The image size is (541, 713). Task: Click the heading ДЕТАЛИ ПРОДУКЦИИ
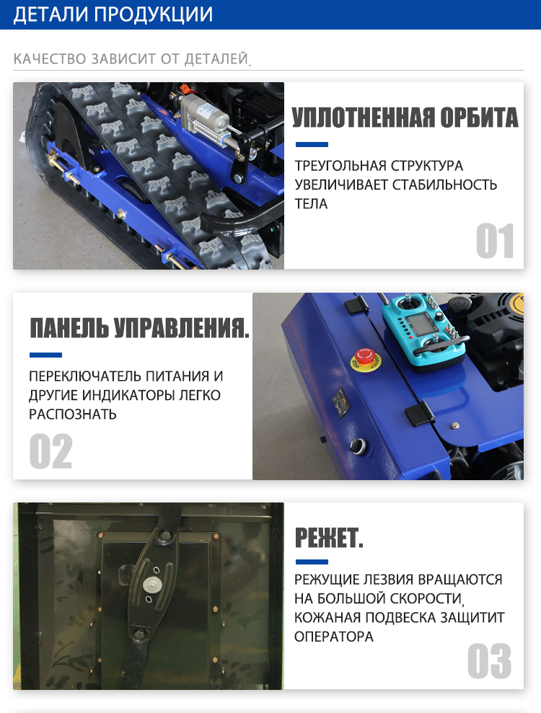113,14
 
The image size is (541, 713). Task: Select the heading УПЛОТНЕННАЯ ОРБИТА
405,118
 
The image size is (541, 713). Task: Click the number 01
495,241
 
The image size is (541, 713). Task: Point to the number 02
51,451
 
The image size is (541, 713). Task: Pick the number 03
490,660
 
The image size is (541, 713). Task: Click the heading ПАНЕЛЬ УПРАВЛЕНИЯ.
140,328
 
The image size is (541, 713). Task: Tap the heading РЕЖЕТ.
329,538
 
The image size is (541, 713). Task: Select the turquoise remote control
423,327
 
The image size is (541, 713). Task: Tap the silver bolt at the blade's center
151,585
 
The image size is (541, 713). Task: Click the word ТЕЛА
311,204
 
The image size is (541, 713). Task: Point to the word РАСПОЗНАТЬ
73,415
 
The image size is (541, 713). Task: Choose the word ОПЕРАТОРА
333,637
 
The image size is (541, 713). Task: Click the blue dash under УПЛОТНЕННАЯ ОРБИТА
312,145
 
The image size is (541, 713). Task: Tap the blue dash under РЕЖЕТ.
312,562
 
